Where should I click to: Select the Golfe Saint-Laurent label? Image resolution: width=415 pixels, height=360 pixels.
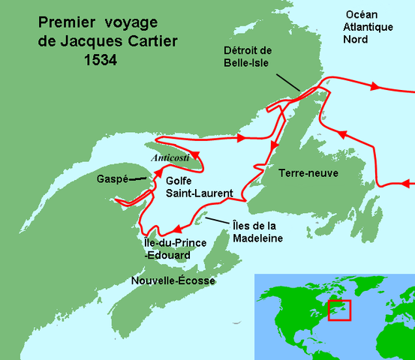click(x=200, y=187)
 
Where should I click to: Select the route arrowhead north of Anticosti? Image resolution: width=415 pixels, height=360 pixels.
click(x=242, y=138)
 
